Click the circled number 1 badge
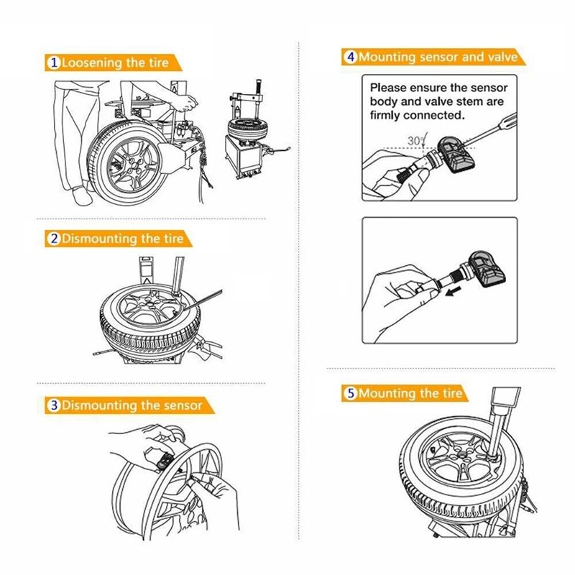coord(54,63)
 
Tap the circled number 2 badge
coord(54,239)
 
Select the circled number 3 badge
coord(54,406)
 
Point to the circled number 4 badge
coord(351,57)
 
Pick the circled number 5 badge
coord(351,394)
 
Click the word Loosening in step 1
coord(92,63)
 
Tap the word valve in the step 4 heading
coord(501,57)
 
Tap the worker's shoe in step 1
coord(77,195)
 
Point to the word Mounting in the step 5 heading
coord(388,394)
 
